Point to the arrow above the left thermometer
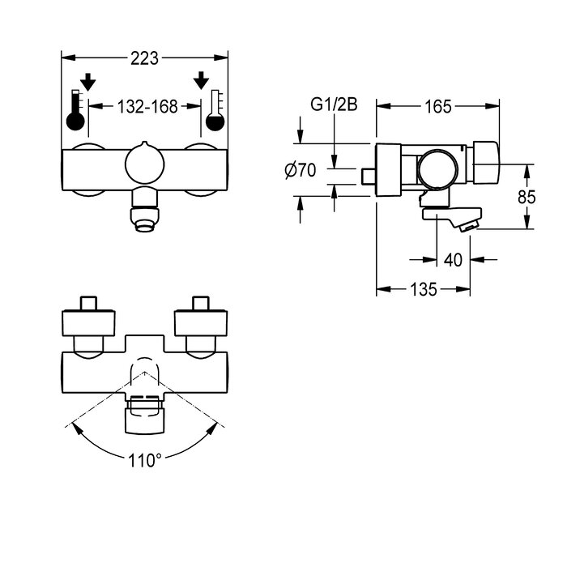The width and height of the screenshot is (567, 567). click(x=88, y=81)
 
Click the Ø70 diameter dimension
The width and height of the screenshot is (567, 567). click(x=300, y=171)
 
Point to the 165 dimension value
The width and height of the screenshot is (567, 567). click(x=438, y=105)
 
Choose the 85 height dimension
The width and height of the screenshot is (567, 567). click(x=526, y=196)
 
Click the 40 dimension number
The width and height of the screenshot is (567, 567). click(x=454, y=260)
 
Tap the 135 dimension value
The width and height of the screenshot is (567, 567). click(x=424, y=288)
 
